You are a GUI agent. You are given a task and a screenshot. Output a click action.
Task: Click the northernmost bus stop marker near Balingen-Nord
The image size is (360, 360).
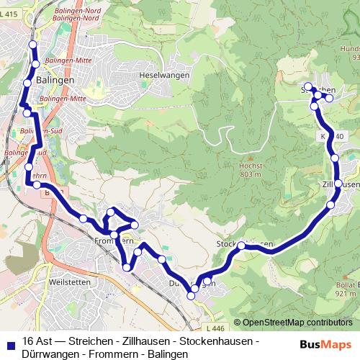(32, 45)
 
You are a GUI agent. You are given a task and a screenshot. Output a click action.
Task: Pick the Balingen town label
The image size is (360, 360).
(55, 80)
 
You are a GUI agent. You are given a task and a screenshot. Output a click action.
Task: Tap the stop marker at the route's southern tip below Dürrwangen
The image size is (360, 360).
(192, 295)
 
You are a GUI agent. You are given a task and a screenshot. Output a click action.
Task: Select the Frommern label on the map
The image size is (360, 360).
(113, 240)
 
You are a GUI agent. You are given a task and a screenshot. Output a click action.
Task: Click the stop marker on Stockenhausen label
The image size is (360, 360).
(241, 246)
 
